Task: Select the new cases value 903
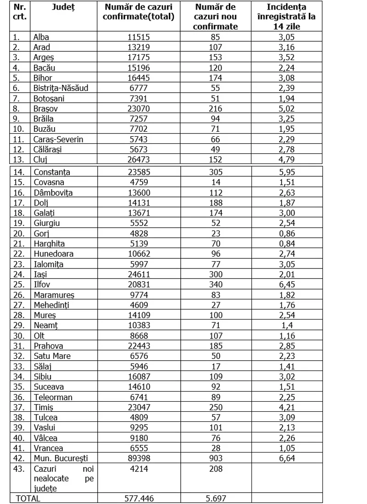click(216, 458)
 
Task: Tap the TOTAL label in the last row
click(28, 498)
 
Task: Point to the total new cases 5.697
click(216, 498)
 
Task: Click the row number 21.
click(17, 244)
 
